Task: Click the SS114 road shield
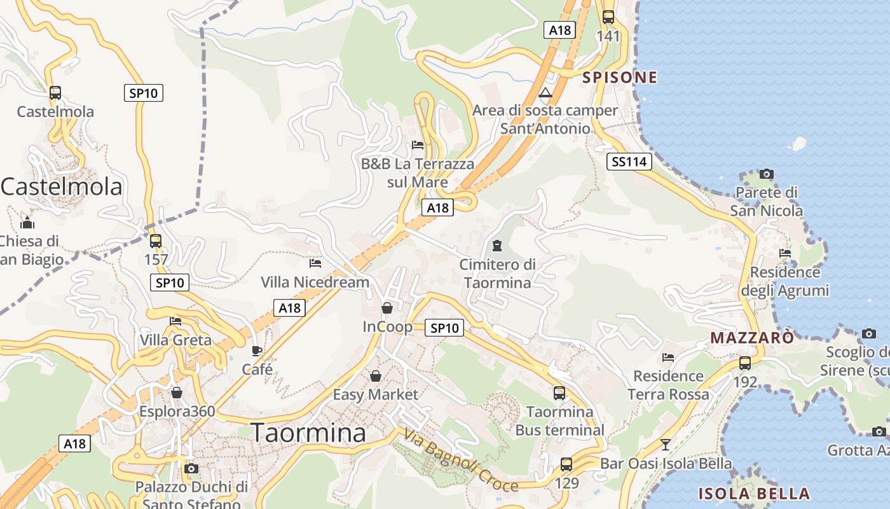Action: pyautogui.click(x=629, y=162)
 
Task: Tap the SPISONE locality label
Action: pyautogui.click(x=620, y=78)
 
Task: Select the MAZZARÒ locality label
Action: pyautogui.click(x=752, y=337)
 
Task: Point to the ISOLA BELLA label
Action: pyautogui.click(x=754, y=494)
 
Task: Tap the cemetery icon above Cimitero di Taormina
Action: pyautogui.click(x=497, y=245)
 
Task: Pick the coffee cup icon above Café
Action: pyautogui.click(x=257, y=351)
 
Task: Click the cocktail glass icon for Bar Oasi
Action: pyautogui.click(x=666, y=444)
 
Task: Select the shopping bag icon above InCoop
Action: pyautogui.click(x=387, y=308)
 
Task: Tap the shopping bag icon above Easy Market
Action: pyautogui.click(x=376, y=376)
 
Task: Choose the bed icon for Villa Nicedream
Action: pyautogui.click(x=315, y=263)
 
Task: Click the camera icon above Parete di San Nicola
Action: pyautogui.click(x=767, y=174)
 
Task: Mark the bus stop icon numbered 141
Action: pyautogui.click(x=608, y=17)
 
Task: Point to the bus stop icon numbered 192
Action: pyautogui.click(x=745, y=363)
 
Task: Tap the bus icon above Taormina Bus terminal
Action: pyautogui.click(x=559, y=393)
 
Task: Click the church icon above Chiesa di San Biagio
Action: pyautogui.click(x=27, y=223)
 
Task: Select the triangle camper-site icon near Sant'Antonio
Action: pyautogui.click(x=545, y=93)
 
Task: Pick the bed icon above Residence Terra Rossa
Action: pyautogui.click(x=668, y=358)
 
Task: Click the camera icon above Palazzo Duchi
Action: pyautogui.click(x=191, y=469)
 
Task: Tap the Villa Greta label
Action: pyautogui.click(x=175, y=340)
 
